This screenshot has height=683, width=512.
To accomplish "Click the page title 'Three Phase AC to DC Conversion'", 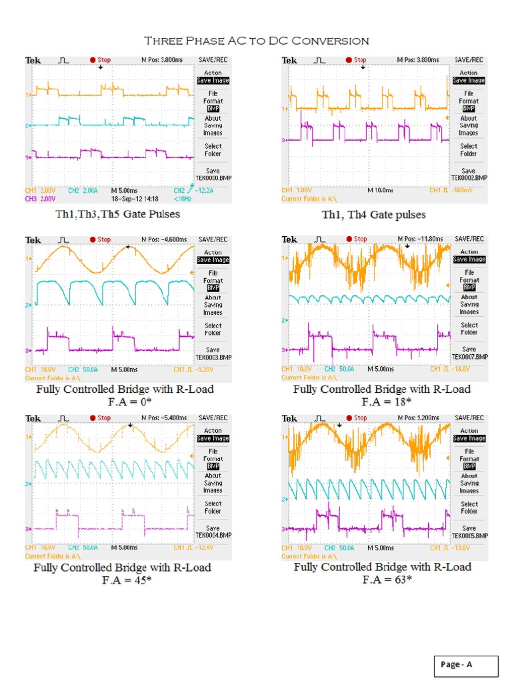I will pyautogui.click(x=256, y=41).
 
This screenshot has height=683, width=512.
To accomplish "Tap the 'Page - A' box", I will pyautogui.click(x=464, y=664).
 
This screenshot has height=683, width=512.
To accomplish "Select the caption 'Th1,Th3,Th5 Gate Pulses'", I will pyautogui.click(x=117, y=214).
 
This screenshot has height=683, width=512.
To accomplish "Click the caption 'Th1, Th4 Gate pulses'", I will pyautogui.click(x=373, y=214).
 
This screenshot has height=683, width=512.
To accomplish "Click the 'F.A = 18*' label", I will pyautogui.click(x=386, y=402).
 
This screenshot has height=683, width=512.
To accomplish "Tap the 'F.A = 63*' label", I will pyautogui.click(x=387, y=580).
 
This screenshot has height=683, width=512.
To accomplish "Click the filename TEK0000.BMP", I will pyautogui.click(x=213, y=178).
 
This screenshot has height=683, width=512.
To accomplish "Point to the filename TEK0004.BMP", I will pyautogui.click(x=213, y=535).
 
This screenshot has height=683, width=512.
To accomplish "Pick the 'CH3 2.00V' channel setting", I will pyautogui.click(x=40, y=199).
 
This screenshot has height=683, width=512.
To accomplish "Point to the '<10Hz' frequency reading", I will pyautogui.click(x=183, y=199).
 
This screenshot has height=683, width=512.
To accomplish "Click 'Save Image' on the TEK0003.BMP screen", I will pyautogui.click(x=213, y=260).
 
